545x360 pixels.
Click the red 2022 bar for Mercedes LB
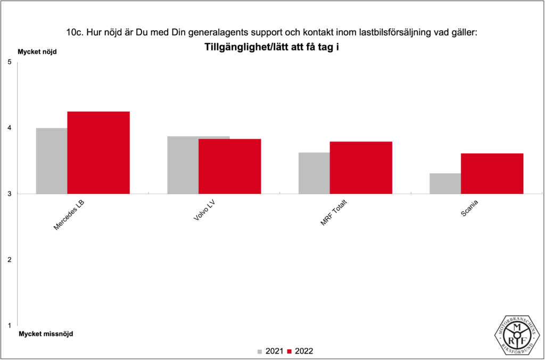(x=98, y=152)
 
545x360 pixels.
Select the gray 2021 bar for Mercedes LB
(x=52, y=161)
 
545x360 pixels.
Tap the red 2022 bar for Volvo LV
(x=229, y=166)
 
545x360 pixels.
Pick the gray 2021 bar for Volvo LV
(x=183, y=165)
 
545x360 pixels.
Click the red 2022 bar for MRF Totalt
(x=361, y=168)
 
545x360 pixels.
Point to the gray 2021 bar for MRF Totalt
(x=314, y=173)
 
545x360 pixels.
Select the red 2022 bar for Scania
(x=492, y=174)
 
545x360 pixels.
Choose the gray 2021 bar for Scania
(x=445, y=183)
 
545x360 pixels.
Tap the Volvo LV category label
(x=204, y=214)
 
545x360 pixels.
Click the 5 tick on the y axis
(x=10, y=62)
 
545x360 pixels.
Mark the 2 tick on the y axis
(x=10, y=260)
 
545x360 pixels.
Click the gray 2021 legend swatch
(x=260, y=351)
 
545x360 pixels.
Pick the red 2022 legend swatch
(x=290, y=351)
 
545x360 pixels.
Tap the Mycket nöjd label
(x=37, y=52)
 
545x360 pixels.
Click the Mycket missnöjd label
(x=46, y=334)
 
